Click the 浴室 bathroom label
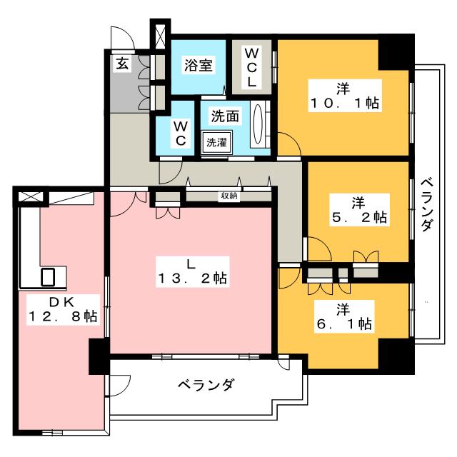[x=199, y=65]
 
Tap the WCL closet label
[x=251, y=67]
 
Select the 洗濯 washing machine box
[x=216, y=142]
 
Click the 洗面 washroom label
[x=225, y=116]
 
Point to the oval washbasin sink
[x=258, y=124]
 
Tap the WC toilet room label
[x=181, y=134]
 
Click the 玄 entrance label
[x=122, y=64]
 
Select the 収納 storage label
[x=229, y=196]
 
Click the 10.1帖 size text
[x=345, y=103]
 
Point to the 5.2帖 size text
[x=359, y=217]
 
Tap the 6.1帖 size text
[x=344, y=323]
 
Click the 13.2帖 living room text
[x=192, y=278]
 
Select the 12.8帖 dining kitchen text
[x=63, y=316]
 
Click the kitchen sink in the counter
[x=48, y=276]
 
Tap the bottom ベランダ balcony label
[x=206, y=385]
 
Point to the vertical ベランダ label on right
[x=427, y=204]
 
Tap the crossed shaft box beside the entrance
[x=160, y=36]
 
